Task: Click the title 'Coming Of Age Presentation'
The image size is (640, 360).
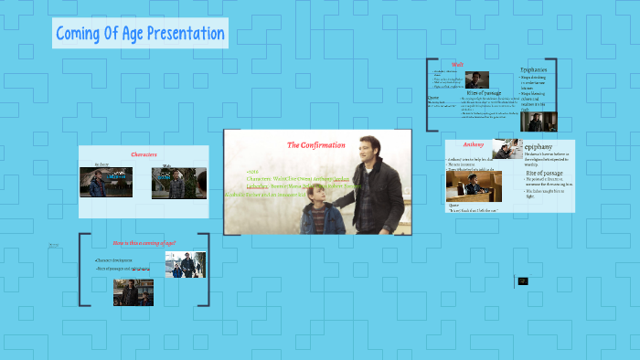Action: click(x=140, y=35)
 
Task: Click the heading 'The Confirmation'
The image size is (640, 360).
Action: click(x=315, y=145)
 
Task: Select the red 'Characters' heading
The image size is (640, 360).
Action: click(x=144, y=154)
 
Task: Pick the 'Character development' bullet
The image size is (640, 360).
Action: click(x=120, y=261)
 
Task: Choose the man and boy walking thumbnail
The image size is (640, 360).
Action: click(x=186, y=265)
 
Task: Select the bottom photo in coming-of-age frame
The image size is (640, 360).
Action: click(x=133, y=291)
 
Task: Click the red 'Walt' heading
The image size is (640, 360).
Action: click(x=484, y=65)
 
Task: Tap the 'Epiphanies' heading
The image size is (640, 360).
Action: click(x=535, y=70)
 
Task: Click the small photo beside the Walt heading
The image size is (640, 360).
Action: click(x=476, y=79)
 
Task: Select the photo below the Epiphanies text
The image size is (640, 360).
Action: click(x=538, y=121)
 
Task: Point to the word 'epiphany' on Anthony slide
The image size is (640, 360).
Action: click(x=539, y=146)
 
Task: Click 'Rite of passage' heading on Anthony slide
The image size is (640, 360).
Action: click(x=547, y=172)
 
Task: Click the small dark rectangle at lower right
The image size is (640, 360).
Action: click(x=523, y=281)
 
